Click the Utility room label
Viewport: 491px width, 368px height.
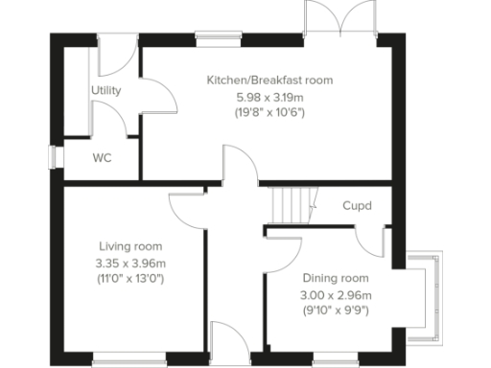[105, 91]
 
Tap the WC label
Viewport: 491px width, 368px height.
[103, 158]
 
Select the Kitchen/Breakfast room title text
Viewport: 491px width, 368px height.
[270, 80]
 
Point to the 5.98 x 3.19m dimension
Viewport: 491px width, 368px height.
[269, 97]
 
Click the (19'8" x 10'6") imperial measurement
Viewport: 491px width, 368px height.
[269, 112]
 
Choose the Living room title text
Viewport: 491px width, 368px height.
[129, 246]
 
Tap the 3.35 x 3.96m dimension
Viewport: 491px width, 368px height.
[130, 264]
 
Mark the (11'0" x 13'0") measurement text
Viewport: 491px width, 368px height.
[130, 280]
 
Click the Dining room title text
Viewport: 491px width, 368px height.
[335, 278]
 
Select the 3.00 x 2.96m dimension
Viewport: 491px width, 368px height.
[335, 294]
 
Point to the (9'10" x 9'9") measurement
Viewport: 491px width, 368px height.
[335, 310]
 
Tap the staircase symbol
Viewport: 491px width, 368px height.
[289, 203]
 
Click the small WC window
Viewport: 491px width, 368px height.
[56, 157]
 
